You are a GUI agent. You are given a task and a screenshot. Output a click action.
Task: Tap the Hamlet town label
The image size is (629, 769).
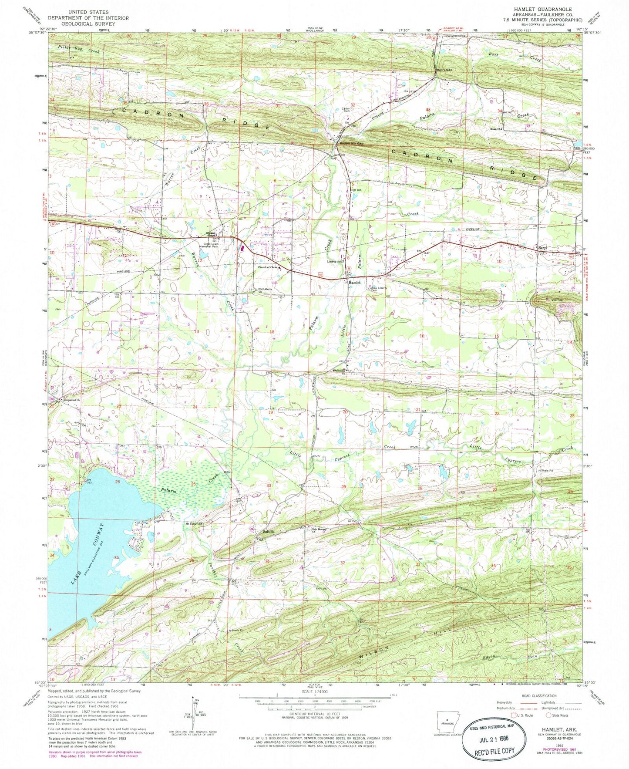354,283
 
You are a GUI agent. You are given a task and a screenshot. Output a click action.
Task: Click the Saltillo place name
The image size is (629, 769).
268,532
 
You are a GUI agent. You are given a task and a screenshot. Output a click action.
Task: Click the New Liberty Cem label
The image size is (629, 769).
380,289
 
